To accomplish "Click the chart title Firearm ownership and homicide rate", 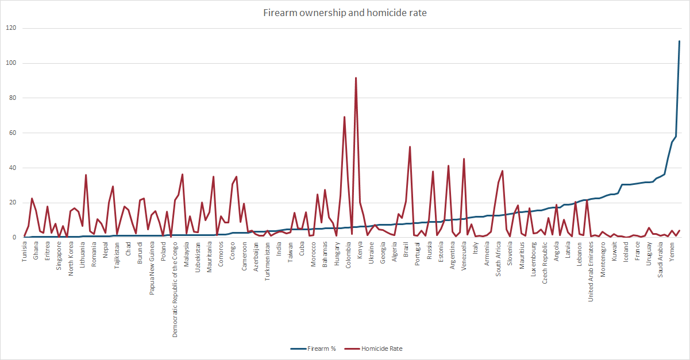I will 345,11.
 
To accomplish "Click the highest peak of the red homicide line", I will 356,78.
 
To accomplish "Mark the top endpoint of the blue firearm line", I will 679,41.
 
